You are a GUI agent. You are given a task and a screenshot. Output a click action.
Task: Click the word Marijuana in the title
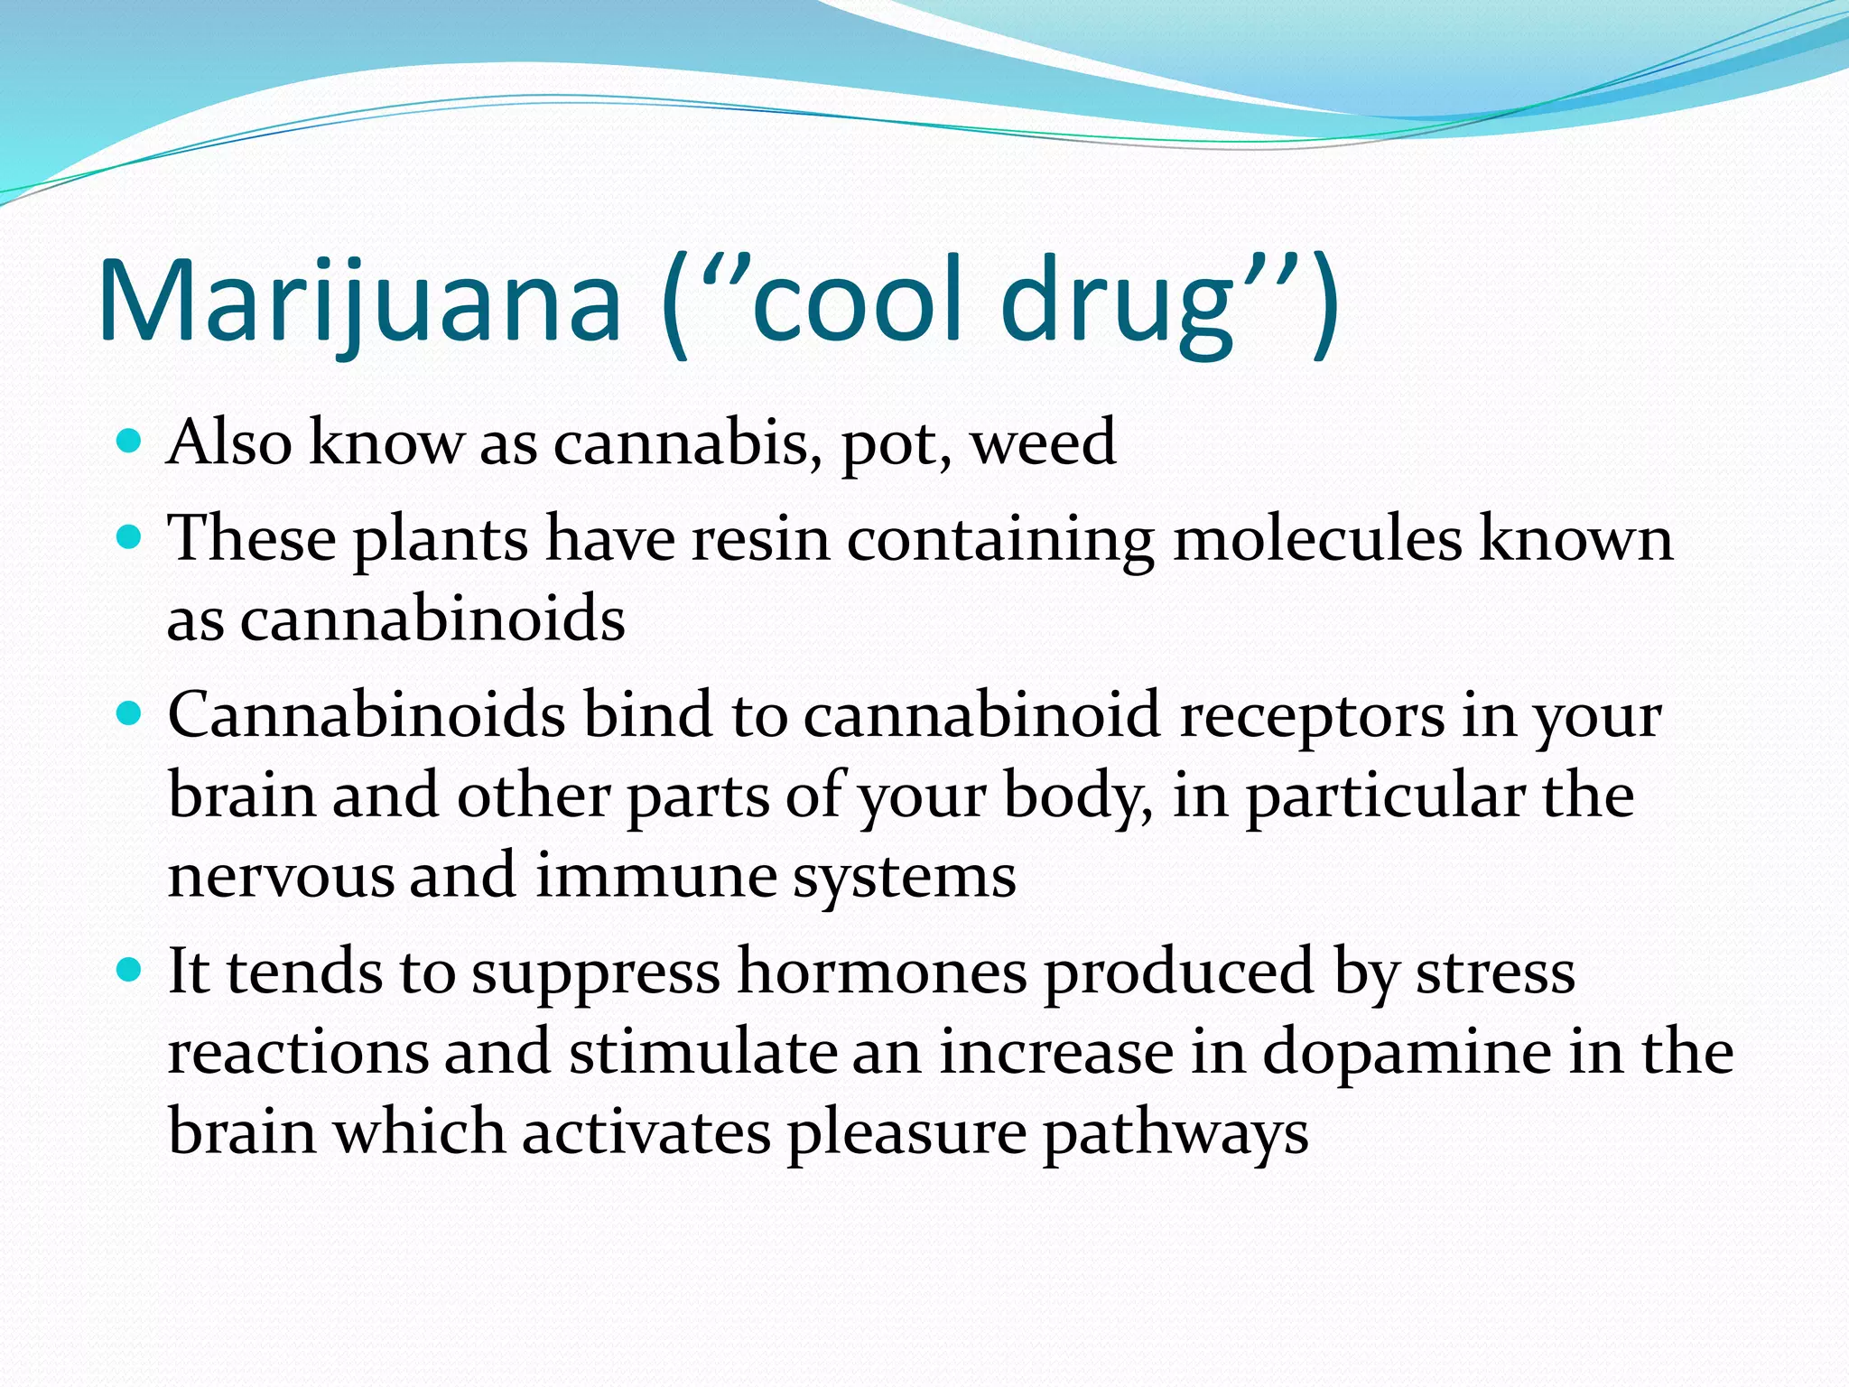point(359,301)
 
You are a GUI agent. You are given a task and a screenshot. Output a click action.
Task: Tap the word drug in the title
point(1117,301)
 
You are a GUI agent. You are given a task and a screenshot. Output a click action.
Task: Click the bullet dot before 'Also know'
point(131,442)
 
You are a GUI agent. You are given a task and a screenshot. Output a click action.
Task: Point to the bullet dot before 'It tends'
point(131,971)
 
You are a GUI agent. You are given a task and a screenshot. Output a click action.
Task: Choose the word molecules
point(1317,539)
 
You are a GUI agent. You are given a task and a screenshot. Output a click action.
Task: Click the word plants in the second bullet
point(440,540)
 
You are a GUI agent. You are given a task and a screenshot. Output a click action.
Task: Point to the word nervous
point(281,876)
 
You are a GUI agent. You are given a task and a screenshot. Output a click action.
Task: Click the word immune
point(655,876)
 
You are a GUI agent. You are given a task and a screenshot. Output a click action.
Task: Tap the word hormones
point(882,973)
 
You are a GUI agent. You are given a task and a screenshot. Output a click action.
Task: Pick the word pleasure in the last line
point(906,1133)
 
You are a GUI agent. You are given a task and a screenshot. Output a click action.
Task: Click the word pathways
point(1175,1133)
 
